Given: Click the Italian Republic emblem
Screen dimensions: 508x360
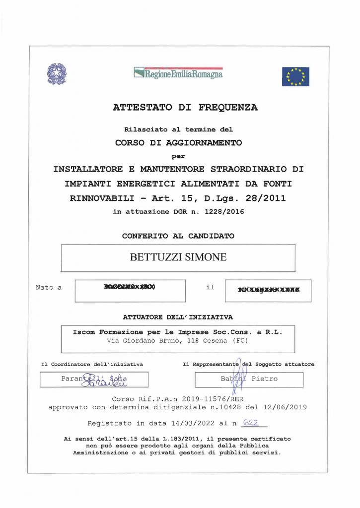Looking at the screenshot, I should pos(56,74).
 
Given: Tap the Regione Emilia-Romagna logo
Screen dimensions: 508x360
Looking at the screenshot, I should pos(178,73).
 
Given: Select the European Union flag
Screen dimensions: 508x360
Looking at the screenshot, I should pos(295,76).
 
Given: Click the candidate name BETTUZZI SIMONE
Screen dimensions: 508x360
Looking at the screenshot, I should pos(178,257).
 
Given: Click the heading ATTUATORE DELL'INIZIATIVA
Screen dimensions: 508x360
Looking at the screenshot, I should pos(178,317).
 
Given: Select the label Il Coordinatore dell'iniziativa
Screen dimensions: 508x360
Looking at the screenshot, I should pos(92,364).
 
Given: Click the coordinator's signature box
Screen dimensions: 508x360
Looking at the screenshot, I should pos(94,380).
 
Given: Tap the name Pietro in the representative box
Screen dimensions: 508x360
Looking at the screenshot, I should pos(265,379).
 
